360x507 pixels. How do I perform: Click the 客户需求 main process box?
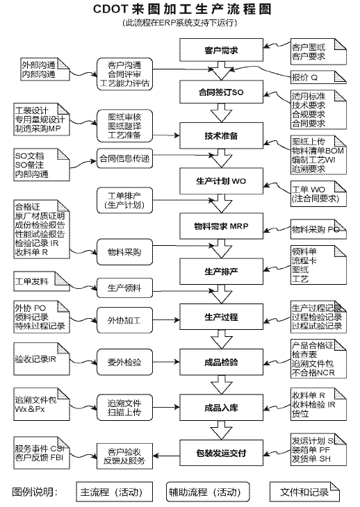point(222,51)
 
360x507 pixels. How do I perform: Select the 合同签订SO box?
point(222,92)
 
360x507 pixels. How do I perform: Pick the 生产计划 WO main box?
point(222,181)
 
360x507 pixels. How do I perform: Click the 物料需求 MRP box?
point(222,226)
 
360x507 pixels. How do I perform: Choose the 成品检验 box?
point(222,362)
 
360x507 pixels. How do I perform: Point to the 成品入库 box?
point(222,408)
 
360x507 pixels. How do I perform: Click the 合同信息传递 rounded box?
point(124,157)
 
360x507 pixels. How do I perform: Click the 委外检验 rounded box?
point(124,361)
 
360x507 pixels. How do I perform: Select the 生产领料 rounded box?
point(124,288)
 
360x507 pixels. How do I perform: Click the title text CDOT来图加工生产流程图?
point(180,10)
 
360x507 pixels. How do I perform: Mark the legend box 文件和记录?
point(304,492)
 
